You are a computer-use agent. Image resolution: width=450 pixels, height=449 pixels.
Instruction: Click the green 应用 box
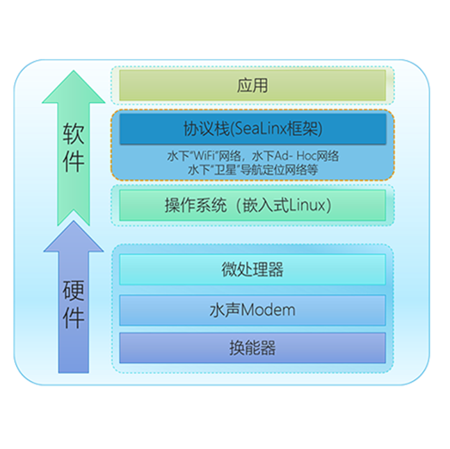click(252, 86)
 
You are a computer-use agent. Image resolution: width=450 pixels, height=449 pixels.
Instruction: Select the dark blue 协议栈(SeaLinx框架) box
click(252, 129)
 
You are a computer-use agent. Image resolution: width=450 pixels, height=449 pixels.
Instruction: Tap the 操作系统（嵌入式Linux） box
click(252, 205)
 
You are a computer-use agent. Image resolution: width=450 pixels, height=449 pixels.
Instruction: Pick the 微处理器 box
click(252, 270)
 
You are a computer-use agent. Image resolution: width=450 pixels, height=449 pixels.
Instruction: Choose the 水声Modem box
click(252, 309)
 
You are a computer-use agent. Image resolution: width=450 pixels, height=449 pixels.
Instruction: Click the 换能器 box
click(252, 348)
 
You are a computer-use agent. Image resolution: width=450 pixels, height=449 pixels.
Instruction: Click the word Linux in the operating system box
click(307, 205)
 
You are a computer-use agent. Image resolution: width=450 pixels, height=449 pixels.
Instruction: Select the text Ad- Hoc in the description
click(290, 156)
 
